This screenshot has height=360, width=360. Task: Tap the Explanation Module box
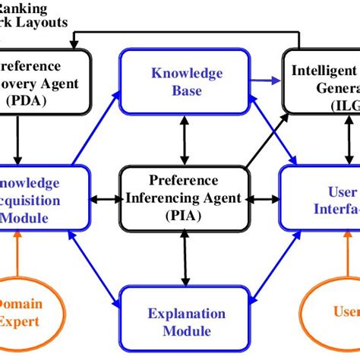coord(186,321)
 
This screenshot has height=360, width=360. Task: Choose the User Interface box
coord(320,199)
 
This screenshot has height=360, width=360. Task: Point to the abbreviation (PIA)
coord(185,215)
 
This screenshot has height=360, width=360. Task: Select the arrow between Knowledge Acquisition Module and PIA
coord(107,199)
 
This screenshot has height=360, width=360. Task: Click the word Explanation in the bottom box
coord(187,314)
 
